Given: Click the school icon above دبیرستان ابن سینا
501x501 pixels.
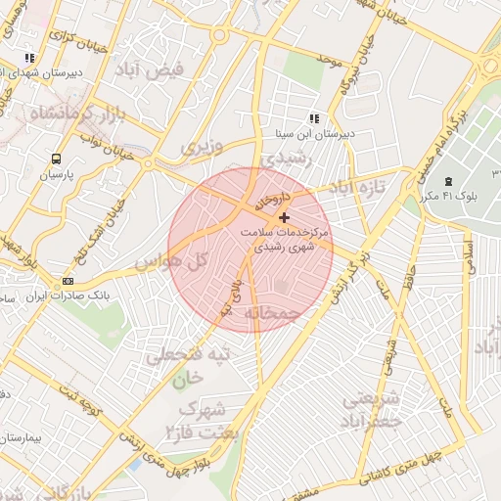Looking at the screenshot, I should (x=313, y=118).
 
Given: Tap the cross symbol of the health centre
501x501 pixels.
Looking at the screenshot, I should (x=284, y=217).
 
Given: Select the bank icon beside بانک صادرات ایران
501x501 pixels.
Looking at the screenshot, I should (x=68, y=281).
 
